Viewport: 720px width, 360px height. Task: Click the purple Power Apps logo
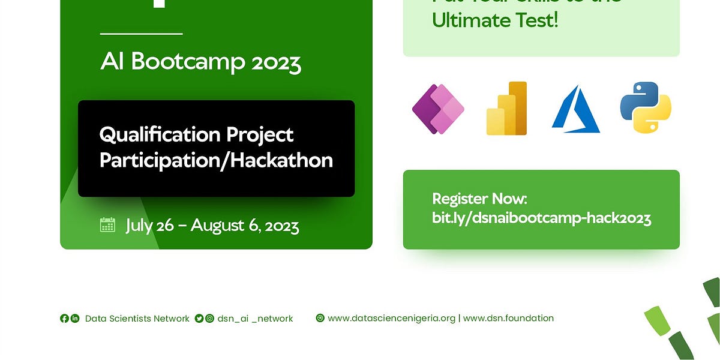(439, 109)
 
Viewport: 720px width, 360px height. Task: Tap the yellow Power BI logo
(506, 109)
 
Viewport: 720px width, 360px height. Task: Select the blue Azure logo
(575, 109)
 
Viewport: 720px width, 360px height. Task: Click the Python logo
(646, 107)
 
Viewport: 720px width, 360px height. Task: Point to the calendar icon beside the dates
(107, 225)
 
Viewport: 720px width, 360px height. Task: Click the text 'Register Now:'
(479, 199)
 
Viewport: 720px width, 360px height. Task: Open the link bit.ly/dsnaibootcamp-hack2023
(541, 218)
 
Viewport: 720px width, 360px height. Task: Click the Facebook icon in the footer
(64, 318)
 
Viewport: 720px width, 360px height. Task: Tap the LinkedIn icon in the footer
(75, 318)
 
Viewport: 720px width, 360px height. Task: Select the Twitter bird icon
(199, 318)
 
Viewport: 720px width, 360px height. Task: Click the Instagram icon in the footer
(209, 318)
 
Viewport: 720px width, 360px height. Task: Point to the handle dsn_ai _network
(255, 319)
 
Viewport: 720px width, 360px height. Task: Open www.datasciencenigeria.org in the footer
(391, 318)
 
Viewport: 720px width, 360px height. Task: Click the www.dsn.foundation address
(508, 318)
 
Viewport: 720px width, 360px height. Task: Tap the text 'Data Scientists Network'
(137, 319)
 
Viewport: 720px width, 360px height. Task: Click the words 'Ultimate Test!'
(495, 20)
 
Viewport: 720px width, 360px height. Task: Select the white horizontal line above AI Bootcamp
(141, 34)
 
